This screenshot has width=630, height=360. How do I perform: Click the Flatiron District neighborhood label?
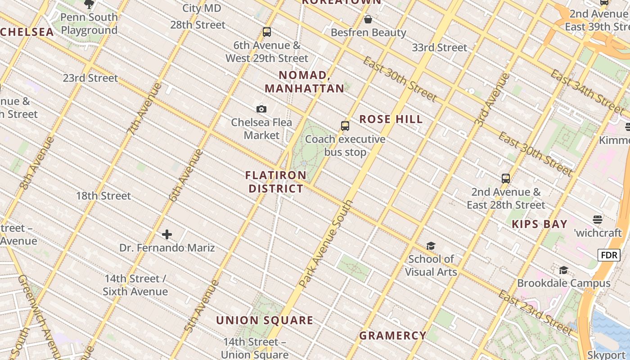pos(276,182)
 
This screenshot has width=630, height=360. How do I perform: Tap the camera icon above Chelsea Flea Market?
pos(261,109)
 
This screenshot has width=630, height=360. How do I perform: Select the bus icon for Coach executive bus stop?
pos(345,126)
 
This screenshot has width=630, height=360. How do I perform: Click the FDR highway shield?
pos(609,255)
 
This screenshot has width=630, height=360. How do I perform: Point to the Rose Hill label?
pos(391,119)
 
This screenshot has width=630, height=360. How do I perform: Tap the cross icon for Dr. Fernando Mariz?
pos(167,234)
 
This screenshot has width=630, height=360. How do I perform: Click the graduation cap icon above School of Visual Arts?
pos(431,246)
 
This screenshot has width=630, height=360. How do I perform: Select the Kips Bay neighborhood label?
pos(540,224)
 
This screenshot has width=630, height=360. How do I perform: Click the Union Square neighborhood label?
pos(265,320)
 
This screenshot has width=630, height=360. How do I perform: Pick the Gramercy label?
pos(393,335)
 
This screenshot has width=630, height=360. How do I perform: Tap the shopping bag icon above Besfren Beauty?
pos(368,19)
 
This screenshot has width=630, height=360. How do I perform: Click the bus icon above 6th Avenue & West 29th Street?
pos(267,32)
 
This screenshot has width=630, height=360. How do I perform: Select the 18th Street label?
pos(103,196)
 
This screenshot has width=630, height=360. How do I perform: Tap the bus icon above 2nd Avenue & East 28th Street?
pos(506,179)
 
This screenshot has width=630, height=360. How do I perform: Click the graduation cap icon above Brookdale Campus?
pos(563,270)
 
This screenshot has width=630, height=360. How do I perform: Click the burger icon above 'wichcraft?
pos(598,220)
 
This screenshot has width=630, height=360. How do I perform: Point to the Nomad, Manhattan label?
pos(305,81)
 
